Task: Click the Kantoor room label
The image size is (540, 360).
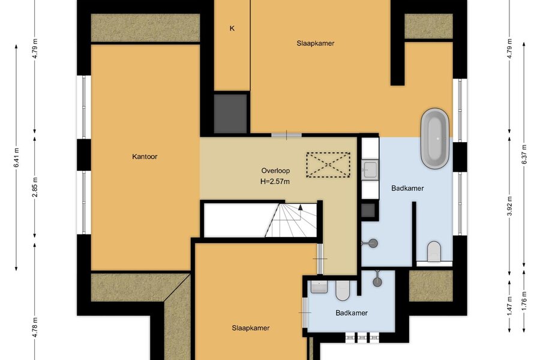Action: pyautogui.click(x=145, y=157)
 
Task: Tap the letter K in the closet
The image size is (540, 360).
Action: pyautogui.click(x=232, y=28)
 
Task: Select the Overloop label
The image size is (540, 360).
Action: pyautogui.click(x=275, y=170)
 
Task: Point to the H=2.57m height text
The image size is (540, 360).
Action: pyautogui.click(x=275, y=181)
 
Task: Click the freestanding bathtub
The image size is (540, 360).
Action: pyautogui.click(x=435, y=139)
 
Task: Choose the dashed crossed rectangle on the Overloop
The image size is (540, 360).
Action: pyautogui.click(x=328, y=165)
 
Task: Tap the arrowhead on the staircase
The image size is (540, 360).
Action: pyautogui.click(x=301, y=207)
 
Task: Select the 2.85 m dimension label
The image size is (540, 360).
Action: pyautogui.click(x=35, y=187)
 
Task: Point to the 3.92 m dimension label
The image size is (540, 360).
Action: pyautogui.click(x=510, y=206)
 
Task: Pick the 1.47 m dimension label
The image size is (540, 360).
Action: pyautogui.click(x=510, y=305)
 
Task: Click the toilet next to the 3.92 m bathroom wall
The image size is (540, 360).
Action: pyautogui.click(x=434, y=251)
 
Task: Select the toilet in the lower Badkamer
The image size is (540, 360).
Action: pyautogui.click(x=343, y=290)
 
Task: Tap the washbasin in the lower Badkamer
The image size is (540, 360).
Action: pyautogui.click(x=319, y=287)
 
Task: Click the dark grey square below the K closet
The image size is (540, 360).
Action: pyautogui.click(x=230, y=113)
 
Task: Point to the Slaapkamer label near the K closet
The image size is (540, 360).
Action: pyautogui.click(x=316, y=43)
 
